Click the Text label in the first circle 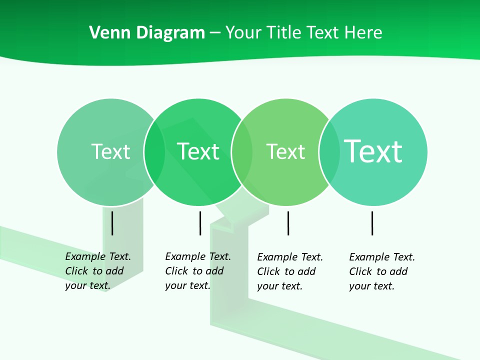click(110, 151)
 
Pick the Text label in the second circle click(198, 151)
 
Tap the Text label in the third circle click(285, 151)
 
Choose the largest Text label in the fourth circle click(373, 151)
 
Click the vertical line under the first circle click(112, 223)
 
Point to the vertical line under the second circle click(200, 223)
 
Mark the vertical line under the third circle click(288, 223)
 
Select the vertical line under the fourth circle click(372, 223)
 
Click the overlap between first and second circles click(154, 152)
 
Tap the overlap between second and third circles click(242, 152)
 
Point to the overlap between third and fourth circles click(329, 152)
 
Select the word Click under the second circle click(176, 271)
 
